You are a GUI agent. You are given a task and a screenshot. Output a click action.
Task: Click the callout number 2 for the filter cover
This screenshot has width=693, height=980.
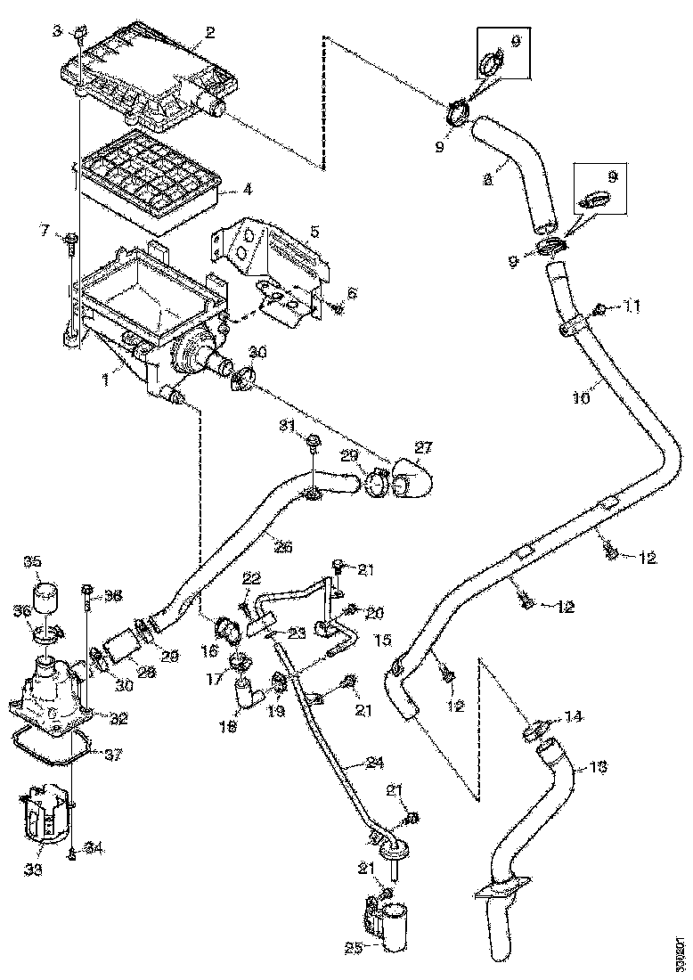point(209,33)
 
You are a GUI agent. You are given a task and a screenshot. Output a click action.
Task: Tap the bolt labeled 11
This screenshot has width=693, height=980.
point(599,310)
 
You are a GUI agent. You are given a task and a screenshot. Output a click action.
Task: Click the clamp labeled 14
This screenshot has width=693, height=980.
point(532,732)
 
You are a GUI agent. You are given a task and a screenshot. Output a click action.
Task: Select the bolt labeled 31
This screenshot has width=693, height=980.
point(314,441)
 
